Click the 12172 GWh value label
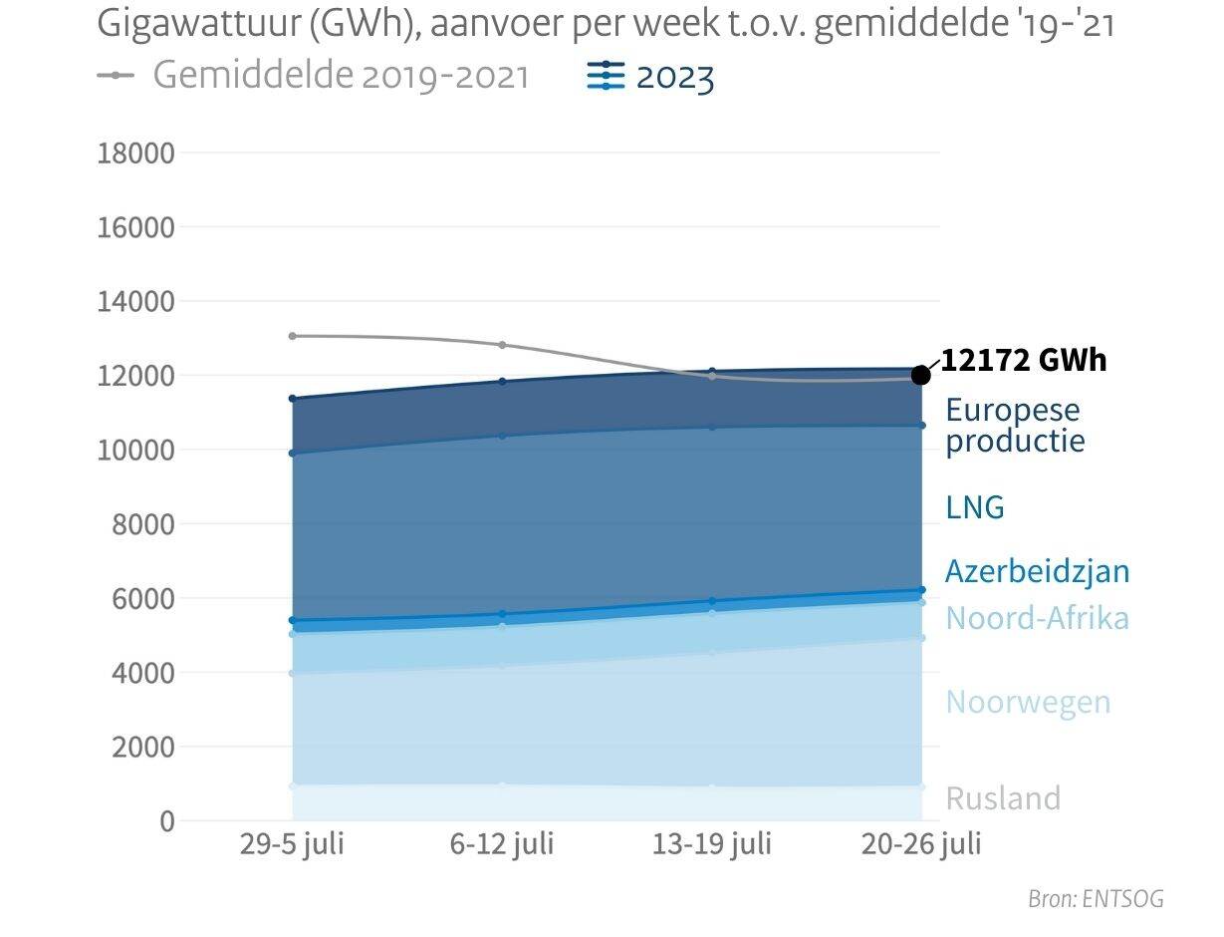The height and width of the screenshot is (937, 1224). pyautogui.click(x=1023, y=360)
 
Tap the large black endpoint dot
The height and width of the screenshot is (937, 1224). pyautogui.click(x=921, y=375)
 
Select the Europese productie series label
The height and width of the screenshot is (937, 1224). pyautogui.click(x=1014, y=425)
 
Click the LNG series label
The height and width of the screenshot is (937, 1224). pyautogui.click(x=975, y=507)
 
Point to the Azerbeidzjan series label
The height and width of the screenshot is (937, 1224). pyautogui.click(x=1037, y=571)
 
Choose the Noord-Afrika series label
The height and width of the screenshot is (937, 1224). pyautogui.click(x=1037, y=618)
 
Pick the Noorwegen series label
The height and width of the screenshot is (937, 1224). pyautogui.click(x=1028, y=702)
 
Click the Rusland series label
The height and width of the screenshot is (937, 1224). pyautogui.click(x=1003, y=798)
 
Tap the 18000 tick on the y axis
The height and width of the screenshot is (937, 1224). pyautogui.click(x=135, y=154)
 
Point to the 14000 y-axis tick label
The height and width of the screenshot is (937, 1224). pyautogui.click(x=135, y=301)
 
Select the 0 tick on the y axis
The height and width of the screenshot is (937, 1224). pyautogui.click(x=164, y=820)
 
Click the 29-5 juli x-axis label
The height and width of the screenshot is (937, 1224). pyautogui.click(x=292, y=844)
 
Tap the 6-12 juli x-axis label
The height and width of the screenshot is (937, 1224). pyautogui.click(x=502, y=844)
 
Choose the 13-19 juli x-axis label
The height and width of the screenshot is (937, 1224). pyautogui.click(x=711, y=844)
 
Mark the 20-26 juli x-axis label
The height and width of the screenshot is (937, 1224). pyautogui.click(x=921, y=844)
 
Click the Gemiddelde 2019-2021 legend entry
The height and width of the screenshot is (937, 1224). pyautogui.click(x=314, y=76)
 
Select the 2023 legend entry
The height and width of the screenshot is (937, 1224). pyautogui.click(x=652, y=76)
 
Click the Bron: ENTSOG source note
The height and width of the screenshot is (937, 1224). pyautogui.click(x=1096, y=898)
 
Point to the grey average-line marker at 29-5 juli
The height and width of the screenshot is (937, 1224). pyautogui.click(x=292, y=336)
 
